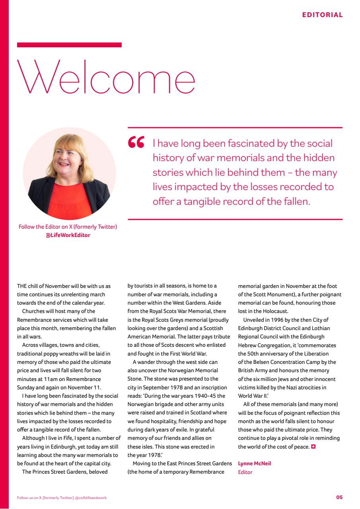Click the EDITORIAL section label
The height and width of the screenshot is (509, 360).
(x=322, y=15)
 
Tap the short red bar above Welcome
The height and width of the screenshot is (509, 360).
(x=69, y=45)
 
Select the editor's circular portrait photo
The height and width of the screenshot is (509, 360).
(x=69, y=174)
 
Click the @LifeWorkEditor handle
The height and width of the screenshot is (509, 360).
(x=68, y=235)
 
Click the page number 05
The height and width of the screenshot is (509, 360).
(x=339, y=497)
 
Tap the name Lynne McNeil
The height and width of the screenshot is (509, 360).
(x=254, y=463)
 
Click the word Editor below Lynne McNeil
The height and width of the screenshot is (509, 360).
(x=245, y=472)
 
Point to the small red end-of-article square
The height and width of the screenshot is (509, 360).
(x=313, y=447)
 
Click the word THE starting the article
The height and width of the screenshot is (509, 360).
(x=22, y=286)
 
